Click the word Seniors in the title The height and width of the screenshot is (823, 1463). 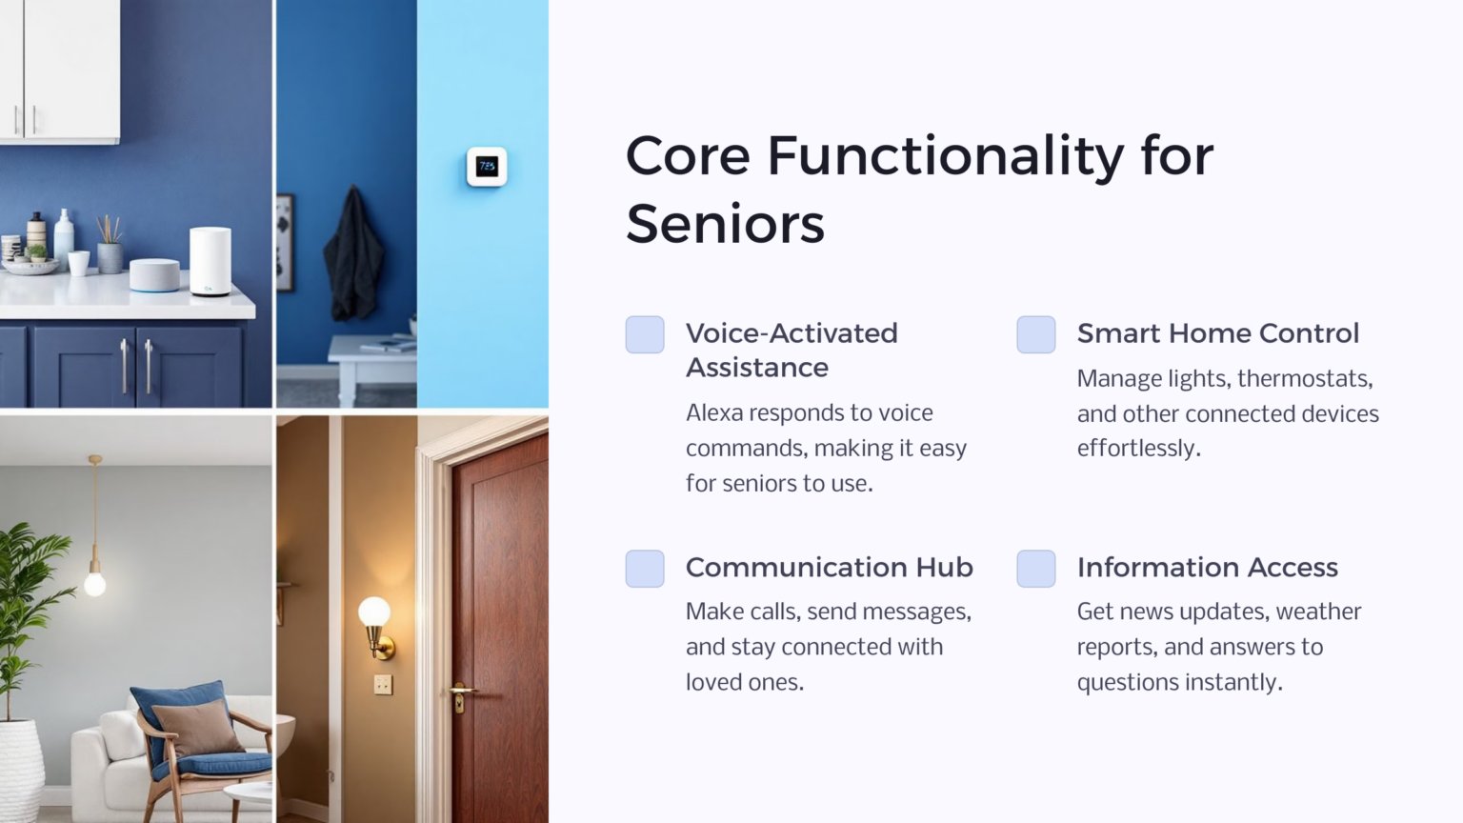pyautogui.click(x=725, y=224)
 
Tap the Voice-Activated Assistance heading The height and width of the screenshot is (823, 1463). pyautogui.click(x=791, y=350)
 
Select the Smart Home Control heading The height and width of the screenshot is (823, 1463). pyautogui.click(x=1217, y=333)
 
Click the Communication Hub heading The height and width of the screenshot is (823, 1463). pyautogui.click(x=829, y=567)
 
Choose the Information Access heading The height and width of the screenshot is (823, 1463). pyautogui.click(x=1207, y=567)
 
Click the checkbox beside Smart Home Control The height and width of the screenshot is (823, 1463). pyautogui.click(x=1035, y=334)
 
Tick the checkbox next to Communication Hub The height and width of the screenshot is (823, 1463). pyautogui.click(x=645, y=569)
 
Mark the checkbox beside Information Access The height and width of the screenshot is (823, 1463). pyautogui.click(x=1035, y=569)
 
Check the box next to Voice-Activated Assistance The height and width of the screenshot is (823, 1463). pyautogui.click(x=645, y=334)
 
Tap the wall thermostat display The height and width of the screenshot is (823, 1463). pyautogui.click(x=487, y=167)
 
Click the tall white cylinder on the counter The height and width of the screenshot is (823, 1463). pyautogui.click(x=210, y=261)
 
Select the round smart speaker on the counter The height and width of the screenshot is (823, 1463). pyautogui.click(x=154, y=274)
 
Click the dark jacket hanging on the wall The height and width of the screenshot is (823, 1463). pyautogui.click(x=353, y=254)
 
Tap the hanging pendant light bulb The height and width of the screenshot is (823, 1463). pyautogui.click(x=95, y=582)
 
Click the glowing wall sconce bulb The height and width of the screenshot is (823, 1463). pyautogui.click(x=373, y=612)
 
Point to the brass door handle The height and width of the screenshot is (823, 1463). pyautogui.click(x=462, y=691)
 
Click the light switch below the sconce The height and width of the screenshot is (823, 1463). pyautogui.click(x=383, y=684)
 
